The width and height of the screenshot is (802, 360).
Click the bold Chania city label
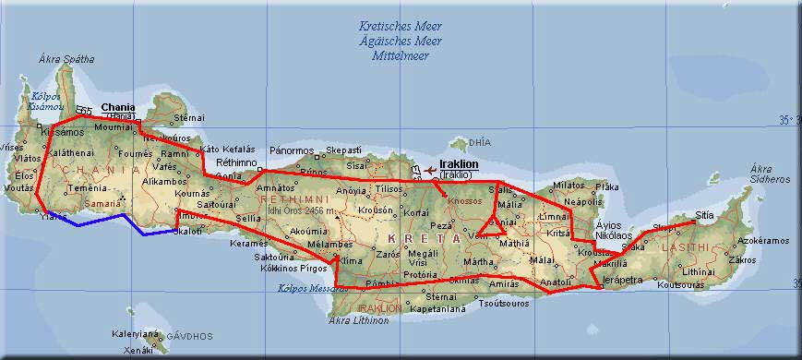click(117, 107)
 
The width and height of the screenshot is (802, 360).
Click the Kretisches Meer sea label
click(401, 27)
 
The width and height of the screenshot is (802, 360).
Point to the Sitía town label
click(704, 214)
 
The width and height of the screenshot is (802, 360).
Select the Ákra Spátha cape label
click(66, 59)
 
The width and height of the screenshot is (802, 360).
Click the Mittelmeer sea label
click(401, 55)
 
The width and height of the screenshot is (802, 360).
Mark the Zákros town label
click(743, 260)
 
